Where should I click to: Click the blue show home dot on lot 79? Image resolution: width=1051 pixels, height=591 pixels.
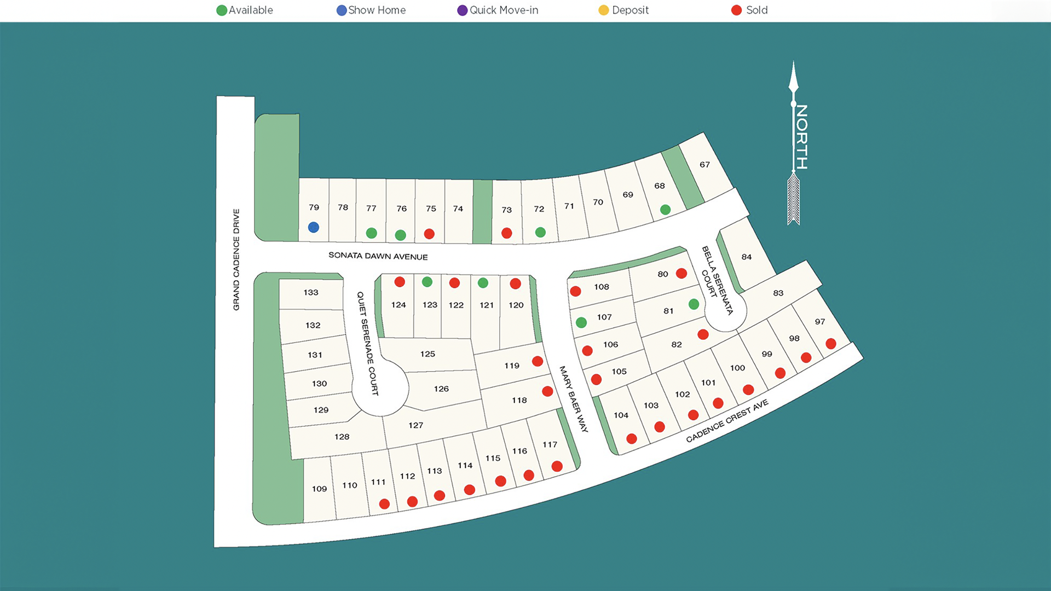[313, 227]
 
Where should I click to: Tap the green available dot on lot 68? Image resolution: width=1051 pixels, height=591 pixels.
[665, 210]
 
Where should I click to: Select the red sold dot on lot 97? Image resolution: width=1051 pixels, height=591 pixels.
[830, 344]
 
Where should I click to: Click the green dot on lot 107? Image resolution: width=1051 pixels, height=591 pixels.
[581, 323]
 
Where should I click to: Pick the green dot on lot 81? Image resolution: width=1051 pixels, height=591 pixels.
[694, 304]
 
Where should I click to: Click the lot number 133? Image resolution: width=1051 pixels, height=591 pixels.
[311, 293]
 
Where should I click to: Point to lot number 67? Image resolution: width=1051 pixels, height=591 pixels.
[704, 165]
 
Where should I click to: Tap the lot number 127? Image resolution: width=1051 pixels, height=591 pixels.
[415, 425]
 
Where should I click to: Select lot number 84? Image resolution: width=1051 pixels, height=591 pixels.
[747, 257]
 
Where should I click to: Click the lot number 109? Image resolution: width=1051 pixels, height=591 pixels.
[319, 489]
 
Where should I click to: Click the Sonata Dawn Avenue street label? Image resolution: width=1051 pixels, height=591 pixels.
[378, 256]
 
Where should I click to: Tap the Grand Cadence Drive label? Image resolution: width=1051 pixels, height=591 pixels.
[236, 259]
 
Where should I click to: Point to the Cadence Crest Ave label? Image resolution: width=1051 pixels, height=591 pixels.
[727, 421]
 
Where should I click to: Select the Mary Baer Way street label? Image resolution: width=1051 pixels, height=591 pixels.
[573, 399]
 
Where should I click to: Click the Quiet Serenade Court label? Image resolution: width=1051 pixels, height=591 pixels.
[367, 343]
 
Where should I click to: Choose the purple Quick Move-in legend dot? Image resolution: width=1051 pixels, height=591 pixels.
[463, 10]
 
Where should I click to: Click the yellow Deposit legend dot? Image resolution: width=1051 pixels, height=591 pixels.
[603, 10]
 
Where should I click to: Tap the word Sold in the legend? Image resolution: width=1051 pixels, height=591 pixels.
[757, 10]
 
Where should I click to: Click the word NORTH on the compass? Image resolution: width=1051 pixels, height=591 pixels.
[801, 137]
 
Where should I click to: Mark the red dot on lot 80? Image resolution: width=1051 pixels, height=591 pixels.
[681, 273]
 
